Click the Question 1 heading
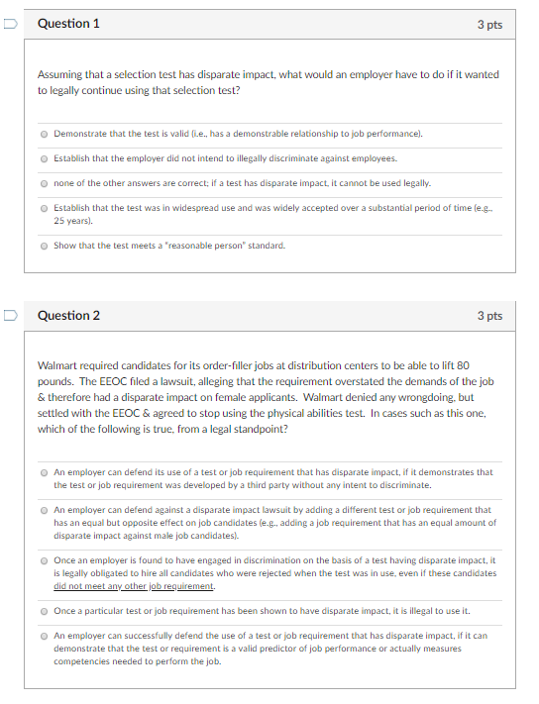pos(68,24)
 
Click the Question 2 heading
pos(68,316)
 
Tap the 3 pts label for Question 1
pos(489,24)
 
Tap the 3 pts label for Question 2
pos(489,316)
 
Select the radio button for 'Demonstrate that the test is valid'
pos(45,133)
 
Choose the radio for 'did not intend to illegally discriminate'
pos(45,157)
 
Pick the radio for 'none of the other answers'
pos(45,183)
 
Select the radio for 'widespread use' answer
pos(45,208)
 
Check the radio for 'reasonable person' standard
pos(45,246)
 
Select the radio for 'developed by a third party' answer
pos(45,472)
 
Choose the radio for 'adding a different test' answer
pos(45,510)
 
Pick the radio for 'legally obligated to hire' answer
pos(45,560)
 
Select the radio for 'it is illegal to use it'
pos(45,610)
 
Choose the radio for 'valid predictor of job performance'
pos(45,636)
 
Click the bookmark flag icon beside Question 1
pos(9,24)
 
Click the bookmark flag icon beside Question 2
pos(9,316)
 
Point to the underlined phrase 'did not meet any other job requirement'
pos(134,586)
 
